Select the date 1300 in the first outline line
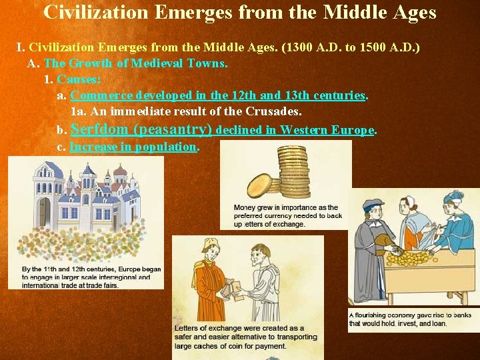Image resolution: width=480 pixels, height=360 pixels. tap(299, 48)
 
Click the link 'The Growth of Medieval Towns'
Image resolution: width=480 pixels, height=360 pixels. tap(136, 63)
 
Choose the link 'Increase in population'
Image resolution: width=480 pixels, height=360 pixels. tap(133, 147)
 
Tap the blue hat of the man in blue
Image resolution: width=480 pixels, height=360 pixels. tap(453, 197)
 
